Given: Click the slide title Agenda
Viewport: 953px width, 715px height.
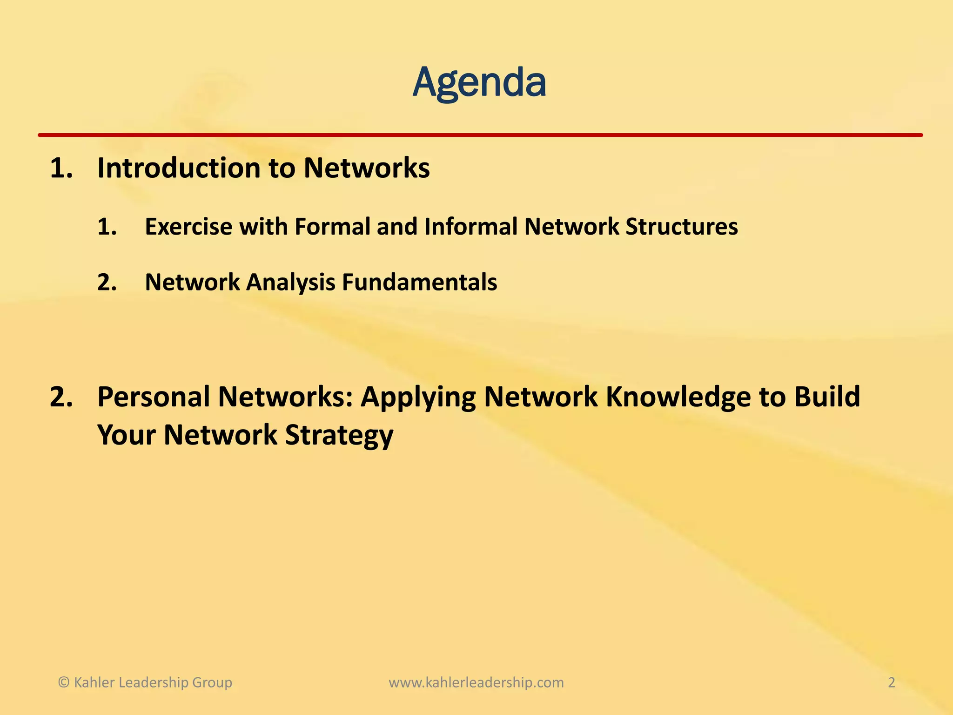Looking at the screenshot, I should coord(479,83).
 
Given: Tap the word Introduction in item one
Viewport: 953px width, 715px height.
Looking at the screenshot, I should coord(178,168).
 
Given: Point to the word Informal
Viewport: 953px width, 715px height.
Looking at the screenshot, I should coord(470,227).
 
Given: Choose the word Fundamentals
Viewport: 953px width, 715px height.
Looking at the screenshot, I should coord(419,283).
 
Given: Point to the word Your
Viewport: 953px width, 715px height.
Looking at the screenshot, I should coord(126,435).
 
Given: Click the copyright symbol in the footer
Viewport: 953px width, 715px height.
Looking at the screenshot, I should coord(64,682).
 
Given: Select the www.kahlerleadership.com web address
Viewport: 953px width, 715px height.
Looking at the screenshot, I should coord(476,682).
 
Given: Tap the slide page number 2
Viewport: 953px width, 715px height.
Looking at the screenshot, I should coord(891,682).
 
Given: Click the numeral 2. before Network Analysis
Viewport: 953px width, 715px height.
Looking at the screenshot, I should coord(107,283).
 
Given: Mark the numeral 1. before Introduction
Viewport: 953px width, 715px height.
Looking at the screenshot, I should coord(61,168).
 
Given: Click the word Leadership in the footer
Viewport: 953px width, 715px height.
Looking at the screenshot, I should coord(150,682).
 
